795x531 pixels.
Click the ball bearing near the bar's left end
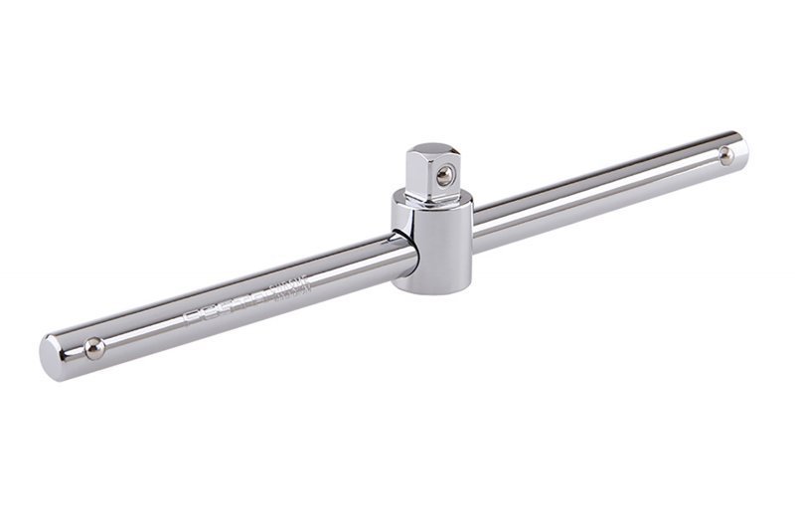pos(93,348)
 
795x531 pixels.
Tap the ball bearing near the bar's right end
pos(726,154)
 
